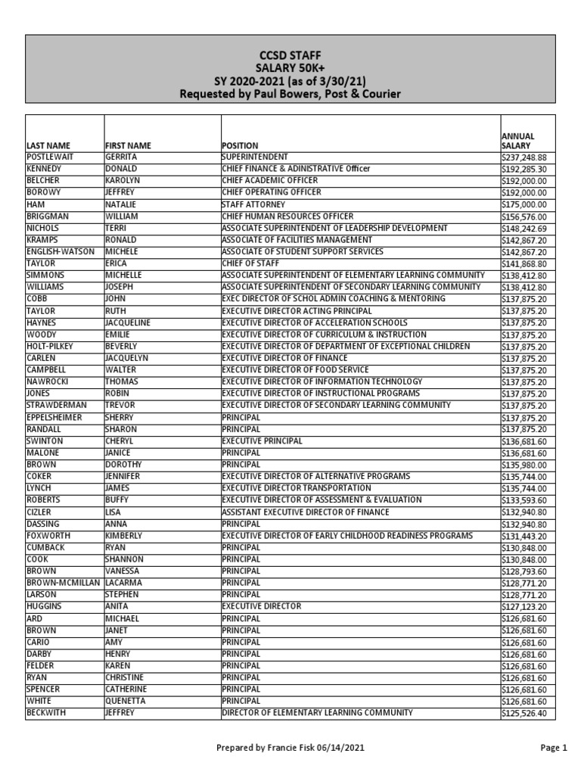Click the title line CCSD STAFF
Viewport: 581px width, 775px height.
[290, 55]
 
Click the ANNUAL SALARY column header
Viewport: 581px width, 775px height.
[518, 141]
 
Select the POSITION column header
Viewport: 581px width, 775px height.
[240, 145]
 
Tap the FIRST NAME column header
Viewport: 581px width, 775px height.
[128, 145]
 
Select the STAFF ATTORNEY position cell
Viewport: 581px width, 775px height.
[253, 204]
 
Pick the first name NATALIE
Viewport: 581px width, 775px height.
[121, 204]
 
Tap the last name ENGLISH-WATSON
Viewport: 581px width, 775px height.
[61, 252]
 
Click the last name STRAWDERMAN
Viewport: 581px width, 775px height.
[57, 406]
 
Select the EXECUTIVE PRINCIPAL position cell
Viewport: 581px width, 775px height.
[262, 441]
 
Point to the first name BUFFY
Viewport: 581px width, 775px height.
[117, 500]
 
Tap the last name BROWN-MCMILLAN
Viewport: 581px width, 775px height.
[63, 584]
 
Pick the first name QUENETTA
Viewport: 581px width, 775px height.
[125, 702]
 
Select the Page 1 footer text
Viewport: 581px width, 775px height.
[554, 749]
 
